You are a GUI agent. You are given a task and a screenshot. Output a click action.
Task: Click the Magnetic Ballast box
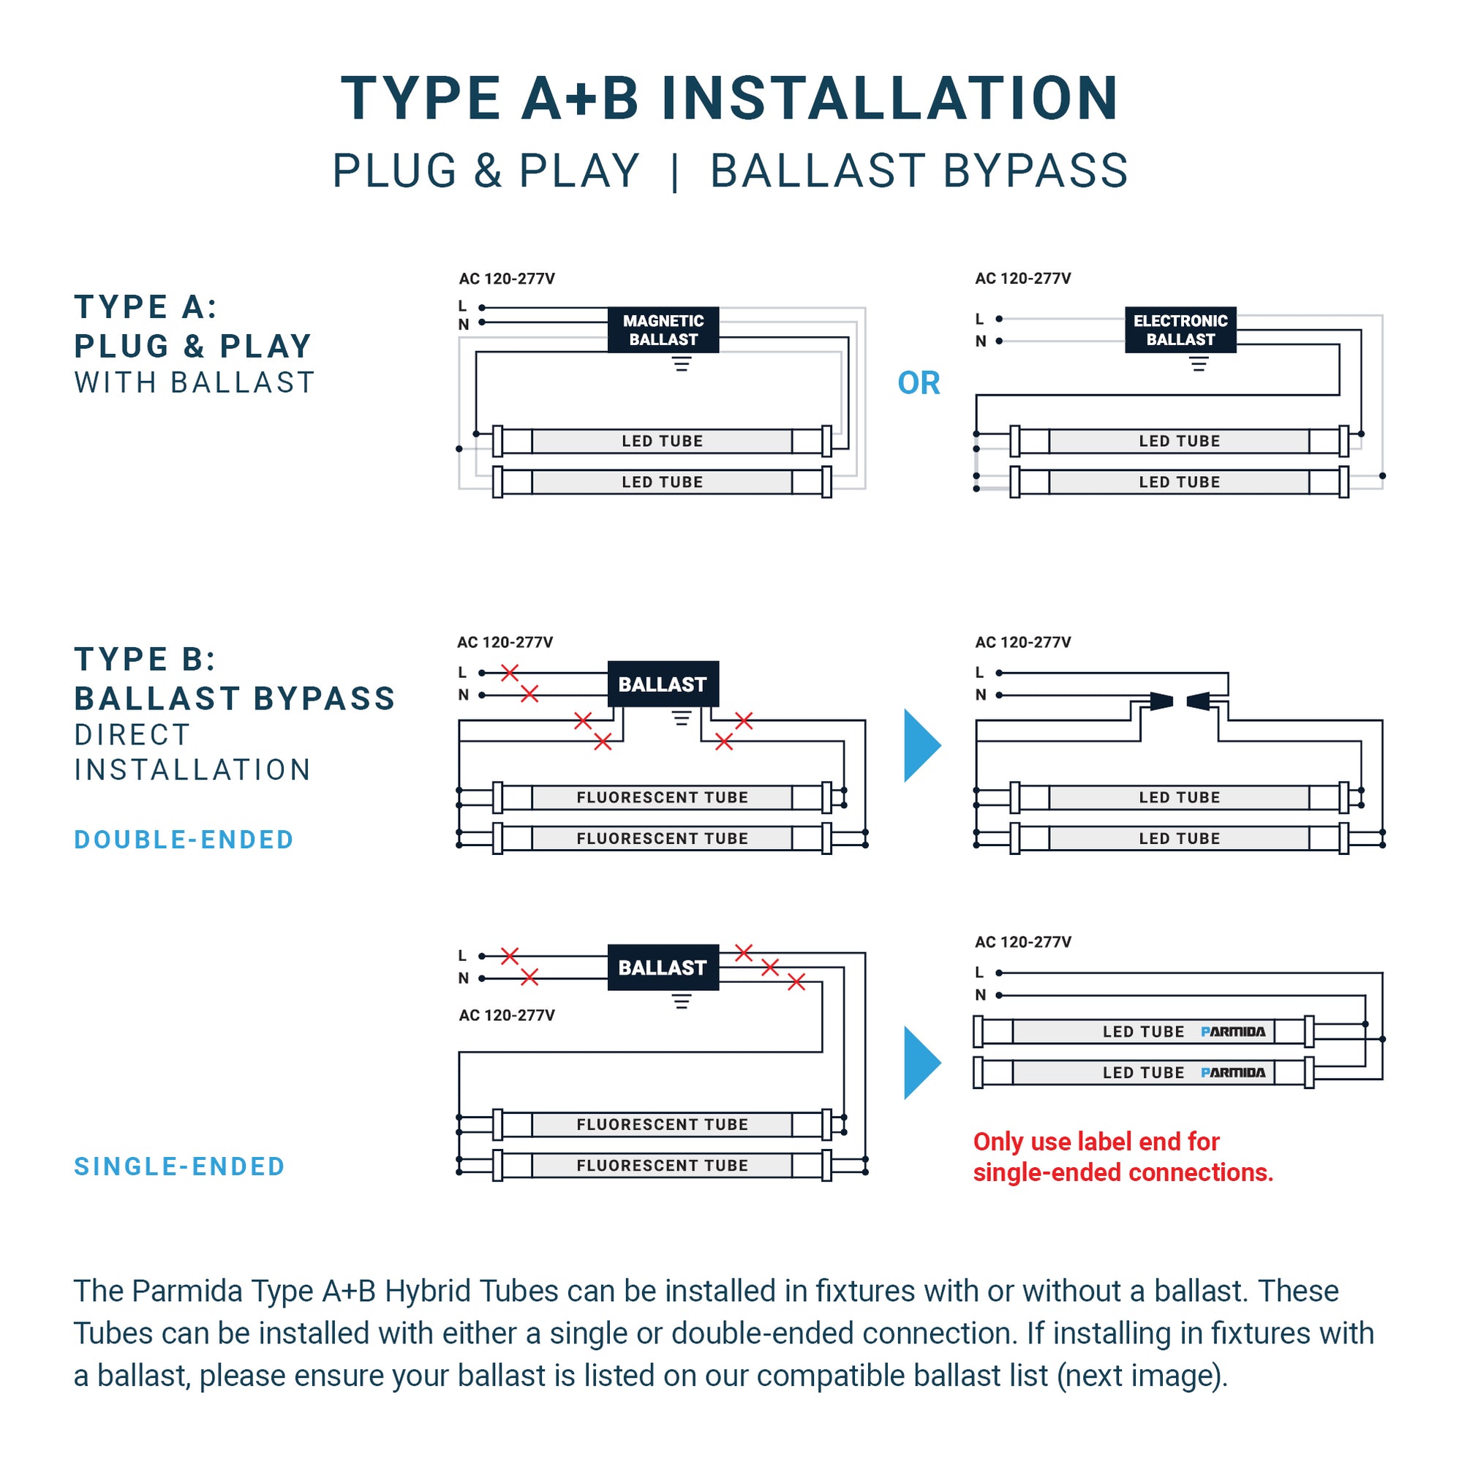pyautogui.click(x=663, y=329)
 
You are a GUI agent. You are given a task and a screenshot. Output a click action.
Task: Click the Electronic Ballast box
pyautogui.click(x=1180, y=329)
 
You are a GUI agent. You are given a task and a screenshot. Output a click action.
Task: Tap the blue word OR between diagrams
pyautogui.click(x=919, y=383)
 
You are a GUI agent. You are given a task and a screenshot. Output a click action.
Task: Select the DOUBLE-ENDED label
pyautogui.click(x=184, y=840)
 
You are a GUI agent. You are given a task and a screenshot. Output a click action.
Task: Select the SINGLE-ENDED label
pyautogui.click(x=179, y=1166)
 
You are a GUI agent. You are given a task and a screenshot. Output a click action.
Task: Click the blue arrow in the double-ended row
pyautogui.click(x=921, y=745)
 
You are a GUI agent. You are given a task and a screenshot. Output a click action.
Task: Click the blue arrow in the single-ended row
pyautogui.click(x=921, y=1063)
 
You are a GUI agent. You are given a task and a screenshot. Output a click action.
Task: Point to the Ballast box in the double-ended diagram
pyautogui.click(x=663, y=685)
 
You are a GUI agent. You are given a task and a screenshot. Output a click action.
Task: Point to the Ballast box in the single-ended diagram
pyautogui.click(x=663, y=968)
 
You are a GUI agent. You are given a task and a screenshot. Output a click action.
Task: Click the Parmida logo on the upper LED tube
pyautogui.click(x=1232, y=1032)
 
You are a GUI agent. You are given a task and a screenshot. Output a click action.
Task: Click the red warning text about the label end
pyautogui.click(x=1123, y=1157)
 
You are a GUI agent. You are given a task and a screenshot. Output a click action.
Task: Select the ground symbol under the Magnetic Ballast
pyautogui.click(x=681, y=365)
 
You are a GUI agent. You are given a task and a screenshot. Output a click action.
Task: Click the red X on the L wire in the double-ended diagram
pyautogui.click(x=510, y=672)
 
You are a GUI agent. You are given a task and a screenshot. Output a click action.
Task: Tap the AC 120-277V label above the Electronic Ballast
pyautogui.click(x=1022, y=279)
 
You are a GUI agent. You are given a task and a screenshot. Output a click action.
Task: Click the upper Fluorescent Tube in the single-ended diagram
pyautogui.click(x=663, y=1125)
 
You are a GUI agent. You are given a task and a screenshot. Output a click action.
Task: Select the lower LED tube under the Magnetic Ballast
pyautogui.click(x=663, y=482)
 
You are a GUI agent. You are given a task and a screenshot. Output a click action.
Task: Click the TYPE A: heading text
pyautogui.click(x=146, y=307)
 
